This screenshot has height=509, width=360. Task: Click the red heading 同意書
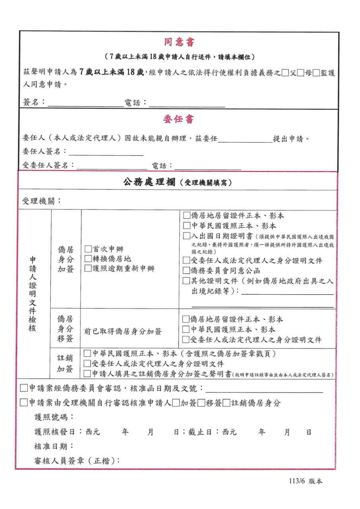(179, 42)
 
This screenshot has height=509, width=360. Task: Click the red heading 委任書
(179, 119)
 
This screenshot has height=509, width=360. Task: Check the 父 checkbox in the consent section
(285, 73)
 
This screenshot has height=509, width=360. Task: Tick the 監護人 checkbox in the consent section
(315, 73)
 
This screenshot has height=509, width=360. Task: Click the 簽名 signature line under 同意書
(86, 103)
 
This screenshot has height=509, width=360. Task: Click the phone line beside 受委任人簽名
(208, 166)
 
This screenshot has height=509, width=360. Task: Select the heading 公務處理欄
(150, 183)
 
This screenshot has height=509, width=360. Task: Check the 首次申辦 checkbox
(88, 250)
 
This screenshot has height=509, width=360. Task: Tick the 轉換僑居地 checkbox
(88, 259)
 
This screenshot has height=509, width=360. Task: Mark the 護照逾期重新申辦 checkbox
(88, 269)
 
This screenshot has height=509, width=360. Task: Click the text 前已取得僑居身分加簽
(123, 331)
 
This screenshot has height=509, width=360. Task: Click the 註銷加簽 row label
(65, 363)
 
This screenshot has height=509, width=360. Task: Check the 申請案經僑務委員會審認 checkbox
(24, 388)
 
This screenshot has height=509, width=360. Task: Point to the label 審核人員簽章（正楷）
(77, 461)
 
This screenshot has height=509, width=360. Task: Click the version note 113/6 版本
(306, 481)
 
